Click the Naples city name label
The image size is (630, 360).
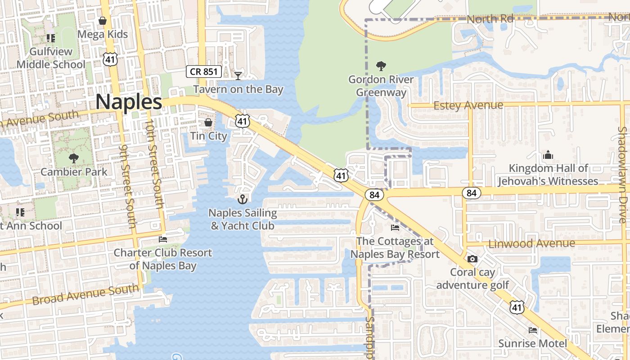click(129, 102)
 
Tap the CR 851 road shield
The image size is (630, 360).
click(204, 71)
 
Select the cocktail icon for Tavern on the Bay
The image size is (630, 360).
click(238, 76)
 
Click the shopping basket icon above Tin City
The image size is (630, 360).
click(208, 122)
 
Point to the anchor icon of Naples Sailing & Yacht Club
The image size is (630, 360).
click(243, 199)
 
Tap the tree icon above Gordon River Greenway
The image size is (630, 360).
click(381, 67)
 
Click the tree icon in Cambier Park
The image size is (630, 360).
click(74, 158)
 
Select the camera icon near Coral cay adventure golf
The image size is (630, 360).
click(472, 259)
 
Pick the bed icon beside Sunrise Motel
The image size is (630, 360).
click(533, 330)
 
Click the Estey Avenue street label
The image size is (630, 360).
click(468, 105)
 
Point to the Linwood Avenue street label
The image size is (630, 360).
click(531, 243)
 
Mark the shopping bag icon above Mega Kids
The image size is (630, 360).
click(103, 21)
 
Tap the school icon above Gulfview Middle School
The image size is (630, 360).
click(50, 38)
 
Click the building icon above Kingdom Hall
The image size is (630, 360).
click(548, 155)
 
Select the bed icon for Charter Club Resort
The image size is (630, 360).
click(163, 239)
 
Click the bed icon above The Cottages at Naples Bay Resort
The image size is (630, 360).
click(395, 228)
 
